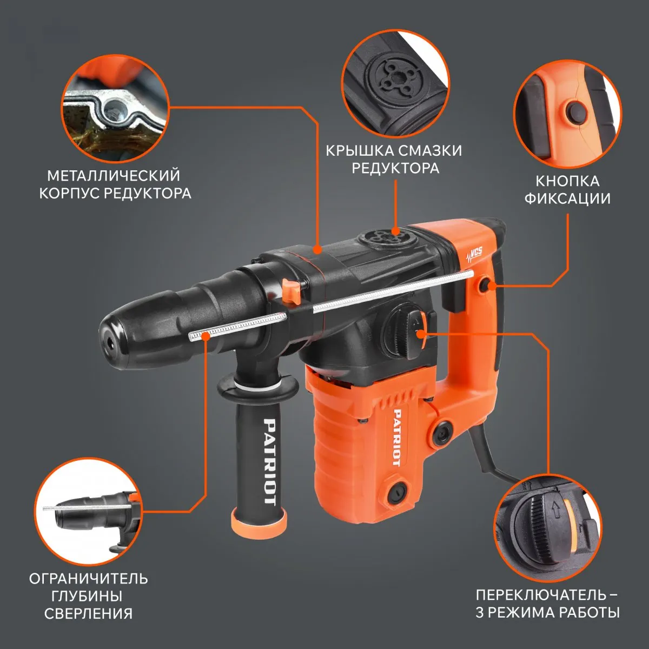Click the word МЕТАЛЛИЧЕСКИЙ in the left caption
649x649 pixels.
pos(114,176)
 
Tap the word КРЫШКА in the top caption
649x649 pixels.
pos(361,150)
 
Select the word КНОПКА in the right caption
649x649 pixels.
pos(567,181)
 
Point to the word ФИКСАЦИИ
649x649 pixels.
pos(567,198)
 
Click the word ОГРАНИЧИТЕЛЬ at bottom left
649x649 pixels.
pos(88,579)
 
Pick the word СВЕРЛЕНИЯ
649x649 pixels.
pos(88,614)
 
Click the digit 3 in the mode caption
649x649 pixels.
pos(480,613)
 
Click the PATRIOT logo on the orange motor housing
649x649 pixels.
pos(398,438)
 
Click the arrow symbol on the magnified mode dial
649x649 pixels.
pos(556,520)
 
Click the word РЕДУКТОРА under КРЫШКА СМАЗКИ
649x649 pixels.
pos(395,168)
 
